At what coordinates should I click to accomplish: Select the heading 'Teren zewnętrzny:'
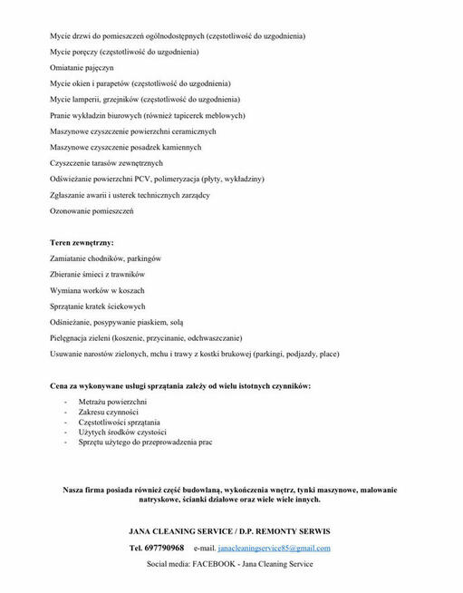pyautogui.click(x=82, y=243)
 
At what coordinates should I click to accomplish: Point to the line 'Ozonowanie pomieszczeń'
pyautogui.click(x=92, y=210)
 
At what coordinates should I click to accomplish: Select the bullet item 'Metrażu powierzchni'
pyautogui.click(x=112, y=401)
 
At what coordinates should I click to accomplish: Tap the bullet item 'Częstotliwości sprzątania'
pyautogui.click(x=119, y=422)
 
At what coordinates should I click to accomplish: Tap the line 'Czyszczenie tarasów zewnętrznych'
pyautogui.click(x=106, y=163)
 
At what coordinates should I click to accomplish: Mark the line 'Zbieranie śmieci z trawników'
pyautogui.click(x=98, y=275)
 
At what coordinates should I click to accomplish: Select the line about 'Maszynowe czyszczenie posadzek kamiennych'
pyautogui.click(x=125, y=147)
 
